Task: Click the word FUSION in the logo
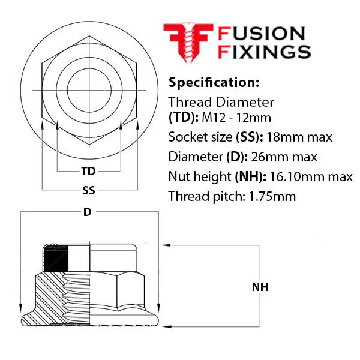[261, 34]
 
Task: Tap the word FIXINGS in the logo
[264, 52]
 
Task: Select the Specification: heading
[214, 82]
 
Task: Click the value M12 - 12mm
[236, 118]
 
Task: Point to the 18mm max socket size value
[299, 137]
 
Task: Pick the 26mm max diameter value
[284, 157]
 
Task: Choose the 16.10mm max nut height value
[311, 177]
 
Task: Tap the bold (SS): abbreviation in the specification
[250, 137]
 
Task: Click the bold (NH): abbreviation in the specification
[250, 177]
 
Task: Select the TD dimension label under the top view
[88, 171]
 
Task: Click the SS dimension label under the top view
[89, 190]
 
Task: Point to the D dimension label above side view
[87, 212]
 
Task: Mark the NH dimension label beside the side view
[260, 287]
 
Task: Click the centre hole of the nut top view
[89, 90]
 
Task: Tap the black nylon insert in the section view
[56, 259]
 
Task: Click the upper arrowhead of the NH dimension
[167, 245]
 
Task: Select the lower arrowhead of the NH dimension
[167, 327]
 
